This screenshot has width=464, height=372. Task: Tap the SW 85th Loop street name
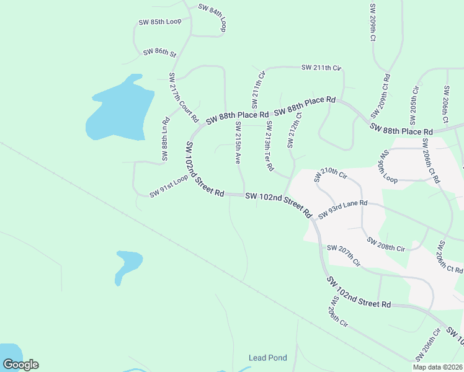click(159, 22)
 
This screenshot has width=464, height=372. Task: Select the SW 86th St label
click(160, 53)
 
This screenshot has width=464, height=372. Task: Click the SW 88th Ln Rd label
click(166, 139)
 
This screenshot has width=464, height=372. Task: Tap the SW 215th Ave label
click(238, 143)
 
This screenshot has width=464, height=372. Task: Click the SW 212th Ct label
click(294, 130)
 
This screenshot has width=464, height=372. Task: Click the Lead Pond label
click(267, 358)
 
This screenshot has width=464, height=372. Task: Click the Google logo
click(20, 365)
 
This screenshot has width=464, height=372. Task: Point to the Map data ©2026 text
click(437, 367)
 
